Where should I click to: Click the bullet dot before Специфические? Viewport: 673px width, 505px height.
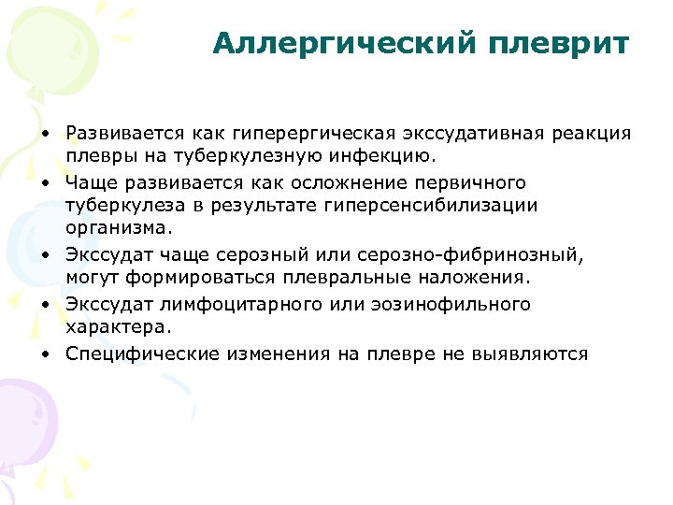tap(44, 354)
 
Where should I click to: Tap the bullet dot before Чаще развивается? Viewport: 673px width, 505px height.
tap(44, 182)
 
